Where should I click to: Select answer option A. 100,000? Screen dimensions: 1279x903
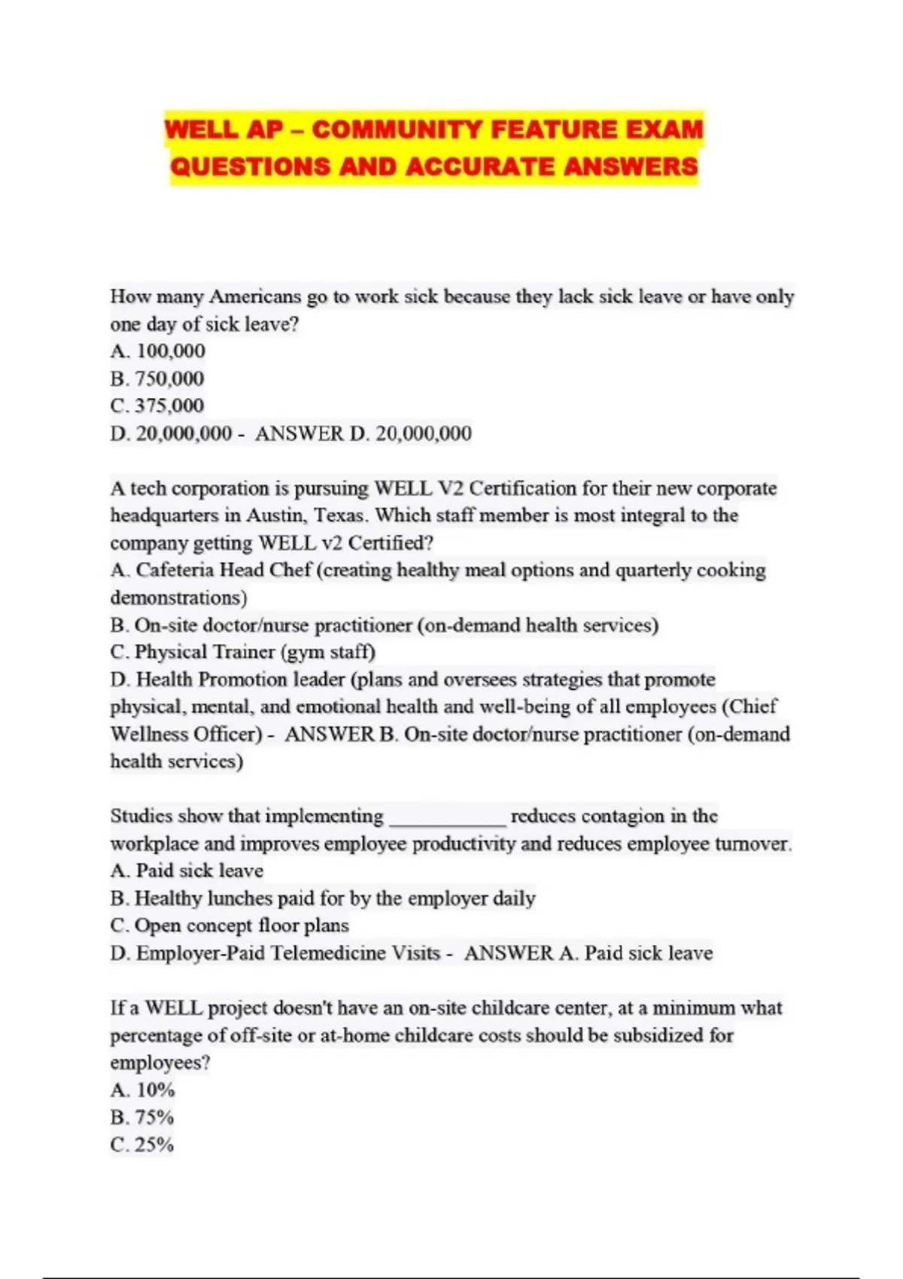[x=158, y=351]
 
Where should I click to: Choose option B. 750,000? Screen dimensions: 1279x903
[x=157, y=378]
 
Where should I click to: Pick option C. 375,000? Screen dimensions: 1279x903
[x=157, y=406]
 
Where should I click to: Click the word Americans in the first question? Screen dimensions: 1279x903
[x=254, y=297]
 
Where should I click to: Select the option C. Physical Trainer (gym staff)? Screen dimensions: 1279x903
[x=242, y=652]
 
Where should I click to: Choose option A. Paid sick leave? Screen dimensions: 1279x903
[x=187, y=871]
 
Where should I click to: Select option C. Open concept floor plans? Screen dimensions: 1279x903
[x=230, y=926]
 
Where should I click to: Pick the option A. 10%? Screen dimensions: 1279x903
[x=143, y=1090]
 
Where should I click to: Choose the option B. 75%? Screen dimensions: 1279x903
[x=142, y=1117]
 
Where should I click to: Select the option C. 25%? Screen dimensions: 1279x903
[x=142, y=1145]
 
